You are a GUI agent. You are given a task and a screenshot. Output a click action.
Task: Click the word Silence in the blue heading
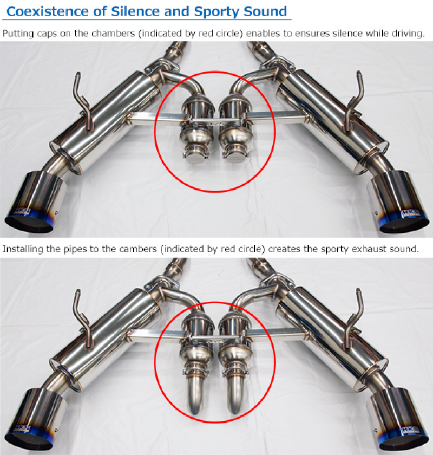tap(135, 11)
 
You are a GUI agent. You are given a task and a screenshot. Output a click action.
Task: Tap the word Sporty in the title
tap(217, 12)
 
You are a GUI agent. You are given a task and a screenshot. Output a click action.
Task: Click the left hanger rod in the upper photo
tap(83, 103)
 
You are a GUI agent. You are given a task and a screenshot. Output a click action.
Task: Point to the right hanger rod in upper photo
tap(355, 102)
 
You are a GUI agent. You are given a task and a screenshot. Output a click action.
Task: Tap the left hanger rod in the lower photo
tap(83, 319)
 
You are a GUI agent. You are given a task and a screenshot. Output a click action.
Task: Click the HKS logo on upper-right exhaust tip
tap(410, 213)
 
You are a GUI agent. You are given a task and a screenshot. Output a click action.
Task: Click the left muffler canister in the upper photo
tap(104, 119)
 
